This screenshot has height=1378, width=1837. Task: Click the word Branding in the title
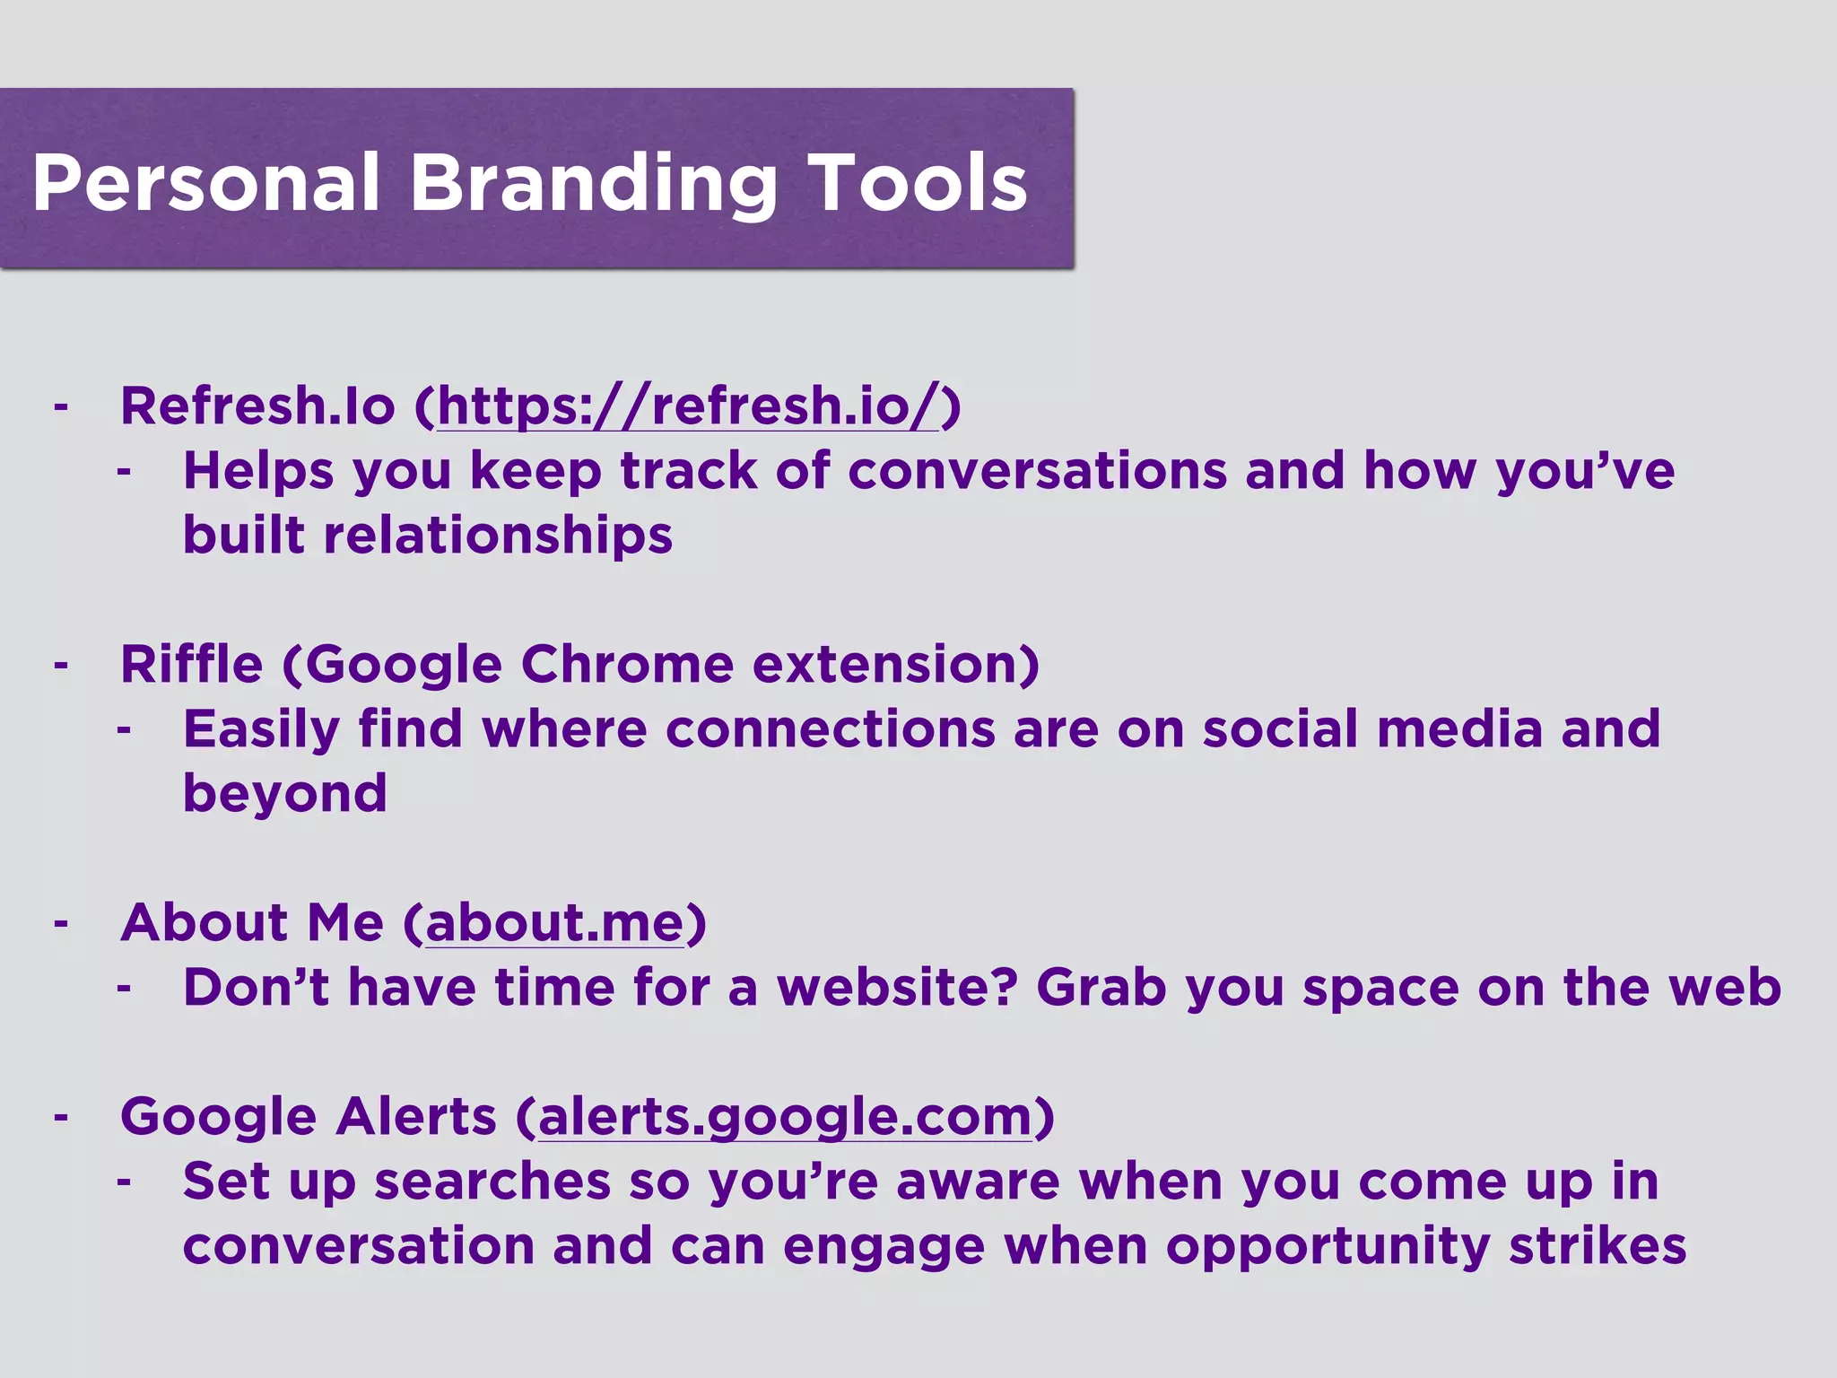pos(593,183)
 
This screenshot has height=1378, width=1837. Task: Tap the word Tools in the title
pos(916,183)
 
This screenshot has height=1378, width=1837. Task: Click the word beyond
pos(284,793)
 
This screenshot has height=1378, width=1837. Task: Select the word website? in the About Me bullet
pos(897,987)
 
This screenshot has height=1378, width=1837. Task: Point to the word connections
pos(830,728)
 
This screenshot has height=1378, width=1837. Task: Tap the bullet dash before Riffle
pos(61,666)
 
